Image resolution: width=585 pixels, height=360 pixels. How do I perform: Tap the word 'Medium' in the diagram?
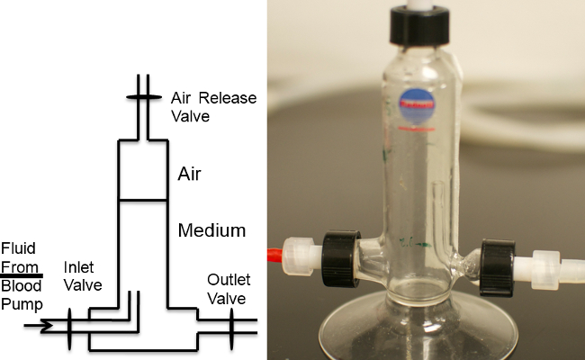tap(211, 230)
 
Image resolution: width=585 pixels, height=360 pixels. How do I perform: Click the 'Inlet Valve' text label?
tap(83, 276)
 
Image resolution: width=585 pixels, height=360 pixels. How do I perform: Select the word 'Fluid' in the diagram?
tap(17, 248)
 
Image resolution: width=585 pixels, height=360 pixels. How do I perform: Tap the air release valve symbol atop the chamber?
tap(145, 97)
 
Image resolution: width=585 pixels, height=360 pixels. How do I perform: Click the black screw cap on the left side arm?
tap(338, 254)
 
